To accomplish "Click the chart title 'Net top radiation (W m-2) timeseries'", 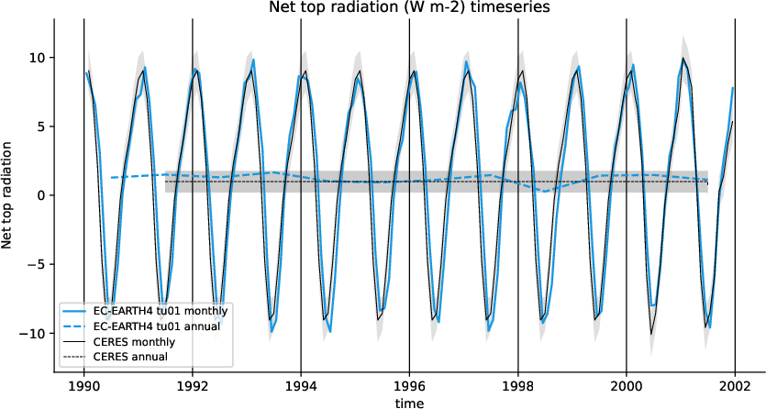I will point(409,8).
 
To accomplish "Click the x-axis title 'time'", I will point(409,402).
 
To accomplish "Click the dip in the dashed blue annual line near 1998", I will point(545,191).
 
